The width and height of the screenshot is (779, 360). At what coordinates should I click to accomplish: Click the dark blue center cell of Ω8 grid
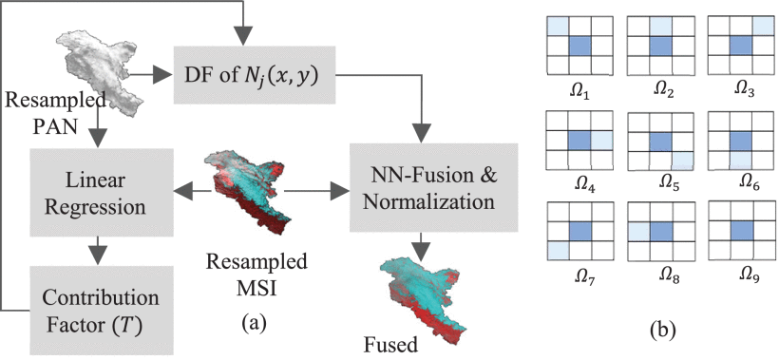coord(661,232)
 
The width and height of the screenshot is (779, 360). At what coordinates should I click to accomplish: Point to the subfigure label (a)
coord(255,321)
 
